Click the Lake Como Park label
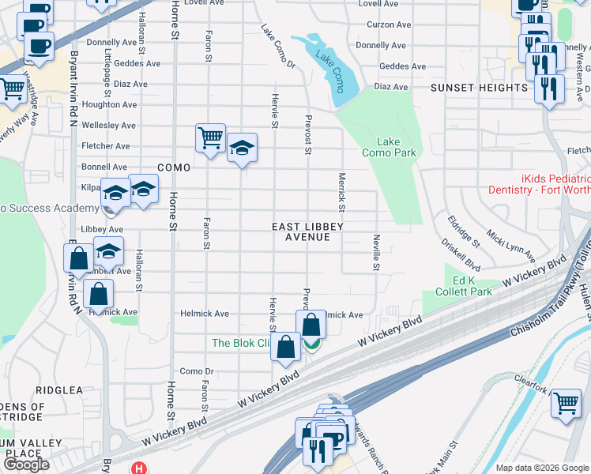[388, 147]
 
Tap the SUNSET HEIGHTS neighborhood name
[479, 88]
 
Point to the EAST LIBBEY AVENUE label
[307, 231]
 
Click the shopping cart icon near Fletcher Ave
[211, 138]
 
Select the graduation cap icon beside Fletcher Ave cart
[242, 148]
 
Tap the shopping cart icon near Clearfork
[566, 403]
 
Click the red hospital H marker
[140, 468]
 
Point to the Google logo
[26, 465]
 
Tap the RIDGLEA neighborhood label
[58, 390]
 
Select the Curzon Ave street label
[389, 25]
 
